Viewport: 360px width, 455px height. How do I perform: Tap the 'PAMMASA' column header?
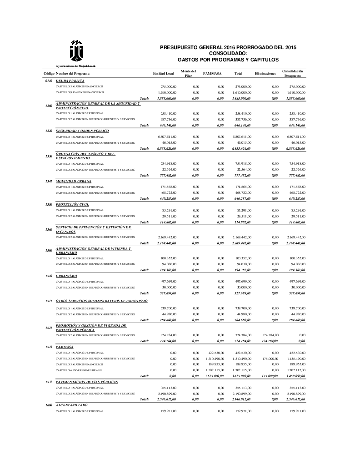[x=212, y=73]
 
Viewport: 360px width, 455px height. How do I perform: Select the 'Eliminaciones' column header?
[x=265, y=73]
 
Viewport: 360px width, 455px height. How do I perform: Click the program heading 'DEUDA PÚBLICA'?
[x=70, y=81]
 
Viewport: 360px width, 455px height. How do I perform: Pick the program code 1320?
[x=49, y=131]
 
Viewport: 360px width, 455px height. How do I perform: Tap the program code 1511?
[x=49, y=301]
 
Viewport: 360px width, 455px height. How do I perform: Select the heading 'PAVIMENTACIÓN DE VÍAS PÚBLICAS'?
[x=87, y=382]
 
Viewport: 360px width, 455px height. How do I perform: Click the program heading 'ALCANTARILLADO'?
[x=72, y=405]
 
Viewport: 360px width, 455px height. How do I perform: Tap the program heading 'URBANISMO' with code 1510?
[x=66, y=276]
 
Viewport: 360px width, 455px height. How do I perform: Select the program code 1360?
[x=49, y=229]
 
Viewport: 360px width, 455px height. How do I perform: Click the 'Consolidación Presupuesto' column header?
[x=293, y=73]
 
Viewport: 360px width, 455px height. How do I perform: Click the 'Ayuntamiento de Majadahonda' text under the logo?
[x=75, y=66]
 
